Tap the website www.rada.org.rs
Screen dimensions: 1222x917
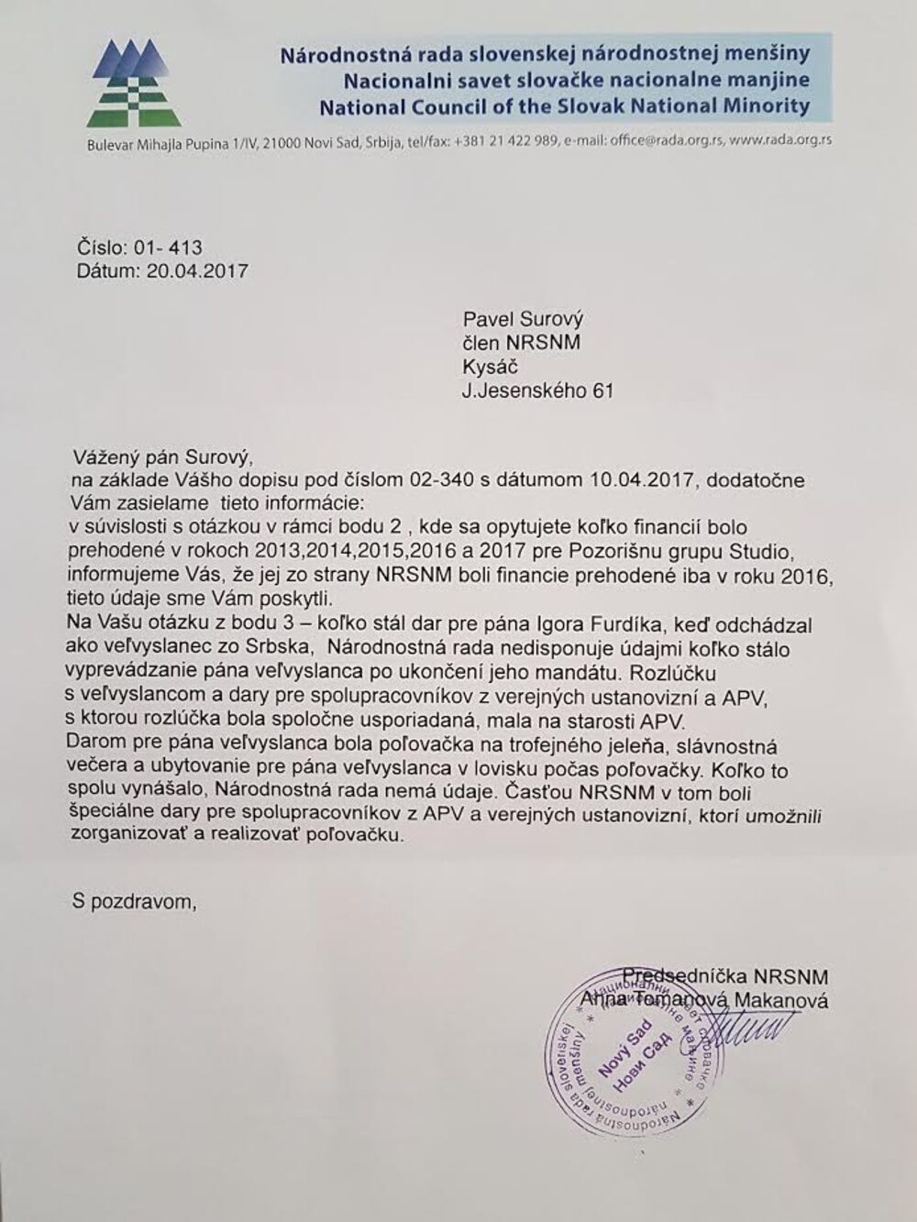(782, 141)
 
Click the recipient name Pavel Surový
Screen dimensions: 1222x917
(523, 320)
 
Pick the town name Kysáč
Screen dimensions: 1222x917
(491, 367)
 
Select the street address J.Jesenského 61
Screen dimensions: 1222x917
(537, 391)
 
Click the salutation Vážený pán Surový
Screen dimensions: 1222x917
(160, 456)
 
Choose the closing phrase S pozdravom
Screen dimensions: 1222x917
(134, 901)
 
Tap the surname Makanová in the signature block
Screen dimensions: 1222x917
(781, 1000)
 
